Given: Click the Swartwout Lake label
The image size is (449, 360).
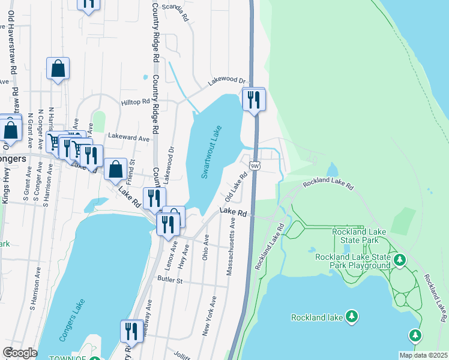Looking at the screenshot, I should click(x=211, y=152).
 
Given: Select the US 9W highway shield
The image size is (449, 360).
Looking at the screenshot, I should click(x=255, y=166).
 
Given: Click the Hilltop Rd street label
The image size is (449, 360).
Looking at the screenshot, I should click(x=134, y=103).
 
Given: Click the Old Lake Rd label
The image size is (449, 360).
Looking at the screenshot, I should click(x=237, y=188).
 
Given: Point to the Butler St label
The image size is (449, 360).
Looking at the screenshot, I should click(x=169, y=280).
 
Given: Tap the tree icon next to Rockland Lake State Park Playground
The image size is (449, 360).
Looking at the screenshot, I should click(x=400, y=260).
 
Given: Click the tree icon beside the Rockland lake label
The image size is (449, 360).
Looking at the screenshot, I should click(x=352, y=316).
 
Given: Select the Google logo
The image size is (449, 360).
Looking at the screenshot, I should click(x=19, y=353).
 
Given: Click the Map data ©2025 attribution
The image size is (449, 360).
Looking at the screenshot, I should click(x=423, y=355).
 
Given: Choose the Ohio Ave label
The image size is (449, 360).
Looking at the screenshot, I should click(x=206, y=247).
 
